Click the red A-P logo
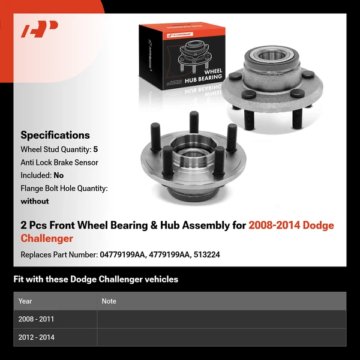tap(39, 29)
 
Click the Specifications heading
tap(55, 135)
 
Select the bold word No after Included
tap(58, 175)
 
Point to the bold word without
tap(35, 202)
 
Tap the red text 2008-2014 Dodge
tap(291, 226)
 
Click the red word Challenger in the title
tap(47, 239)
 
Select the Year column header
tap(25, 301)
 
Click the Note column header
tap(109, 301)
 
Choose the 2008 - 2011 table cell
tap(36, 319)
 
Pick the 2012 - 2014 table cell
tap(36, 337)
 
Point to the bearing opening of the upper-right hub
tap(269, 57)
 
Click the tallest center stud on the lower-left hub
tap(194, 123)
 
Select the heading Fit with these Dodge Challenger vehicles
tap(96, 279)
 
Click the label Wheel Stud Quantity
tap(55, 149)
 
